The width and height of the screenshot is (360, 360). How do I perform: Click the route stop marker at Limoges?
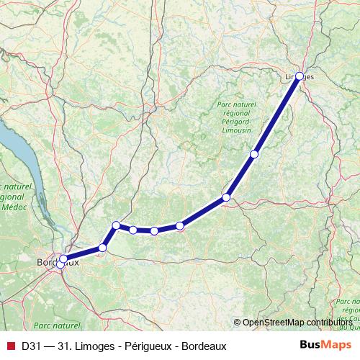tap(300, 76)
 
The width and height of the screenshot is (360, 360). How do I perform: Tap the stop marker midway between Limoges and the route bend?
tap(254, 154)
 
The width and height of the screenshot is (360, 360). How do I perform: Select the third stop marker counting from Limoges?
tap(226, 197)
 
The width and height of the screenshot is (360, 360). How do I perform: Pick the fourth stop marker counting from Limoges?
tap(180, 226)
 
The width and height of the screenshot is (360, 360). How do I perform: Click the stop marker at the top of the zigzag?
tap(116, 225)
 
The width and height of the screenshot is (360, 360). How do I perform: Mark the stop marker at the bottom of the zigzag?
tap(102, 248)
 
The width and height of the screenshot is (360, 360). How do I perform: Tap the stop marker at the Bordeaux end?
tap(63, 259)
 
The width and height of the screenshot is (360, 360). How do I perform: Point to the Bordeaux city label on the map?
tap(58, 263)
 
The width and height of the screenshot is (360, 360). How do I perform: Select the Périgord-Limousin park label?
tap(235, 121)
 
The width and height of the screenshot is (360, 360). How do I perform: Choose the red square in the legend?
tap(10, 346)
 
